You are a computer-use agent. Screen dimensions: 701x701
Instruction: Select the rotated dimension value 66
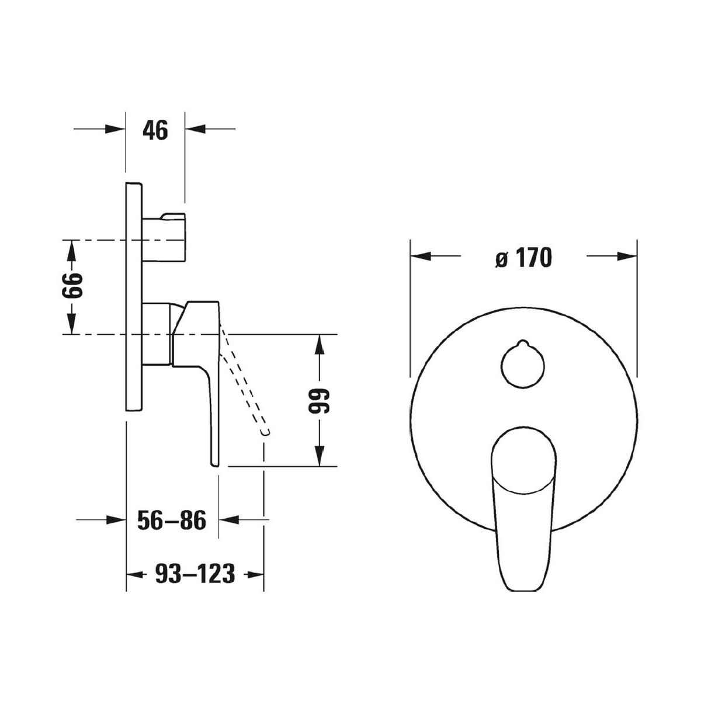[x=71, y=286]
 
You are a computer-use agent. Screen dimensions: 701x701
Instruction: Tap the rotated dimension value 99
[x=319, y=401]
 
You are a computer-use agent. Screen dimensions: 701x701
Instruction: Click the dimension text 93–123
[x=195, y=575]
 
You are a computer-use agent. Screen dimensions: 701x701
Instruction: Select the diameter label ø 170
[x=524, y=258]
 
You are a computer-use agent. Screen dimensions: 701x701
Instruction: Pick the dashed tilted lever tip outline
[x=266, y=432]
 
